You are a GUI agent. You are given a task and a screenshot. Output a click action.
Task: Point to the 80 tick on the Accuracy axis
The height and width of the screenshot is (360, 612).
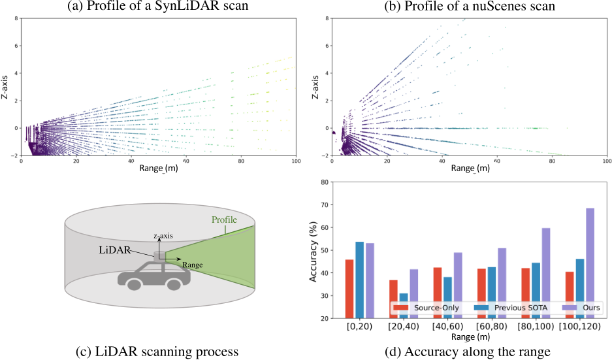[323, 183]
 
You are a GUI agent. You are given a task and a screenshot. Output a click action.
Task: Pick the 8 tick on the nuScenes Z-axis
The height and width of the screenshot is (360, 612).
[327, 20]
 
